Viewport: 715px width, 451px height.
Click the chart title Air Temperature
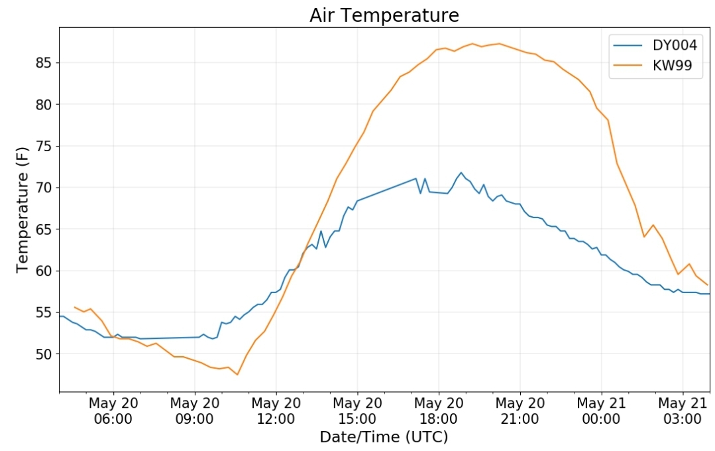pos(384,15)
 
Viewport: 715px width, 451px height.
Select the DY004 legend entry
pos(655,45)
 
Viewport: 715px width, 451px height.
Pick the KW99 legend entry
pos(653,65)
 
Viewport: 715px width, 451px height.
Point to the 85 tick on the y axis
pos(44,62)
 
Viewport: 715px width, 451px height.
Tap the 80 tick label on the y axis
pos(44,105)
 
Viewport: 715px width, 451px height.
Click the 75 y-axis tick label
pos(44,146)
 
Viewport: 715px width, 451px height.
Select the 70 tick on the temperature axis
pos(44,188)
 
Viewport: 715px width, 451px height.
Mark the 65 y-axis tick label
pos(44,229)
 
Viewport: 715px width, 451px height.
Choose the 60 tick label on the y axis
pos(44,271)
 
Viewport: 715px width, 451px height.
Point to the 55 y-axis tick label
pos(44,312)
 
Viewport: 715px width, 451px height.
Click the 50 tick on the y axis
pos(44,354)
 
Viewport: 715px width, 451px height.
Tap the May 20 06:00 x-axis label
pos(113,411)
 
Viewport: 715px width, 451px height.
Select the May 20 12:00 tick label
pos(276,411)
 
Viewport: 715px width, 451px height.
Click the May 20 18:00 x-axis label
pos(439,411)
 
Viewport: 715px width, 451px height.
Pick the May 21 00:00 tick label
pos(601,411)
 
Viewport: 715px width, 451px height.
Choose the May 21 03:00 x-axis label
pos(683,411)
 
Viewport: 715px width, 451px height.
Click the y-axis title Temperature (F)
pos(22,210)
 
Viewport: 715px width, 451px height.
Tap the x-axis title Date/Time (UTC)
pos(384,437)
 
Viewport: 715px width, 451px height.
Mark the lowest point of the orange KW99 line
pos(237,375)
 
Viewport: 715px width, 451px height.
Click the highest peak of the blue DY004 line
pos(461,172)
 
